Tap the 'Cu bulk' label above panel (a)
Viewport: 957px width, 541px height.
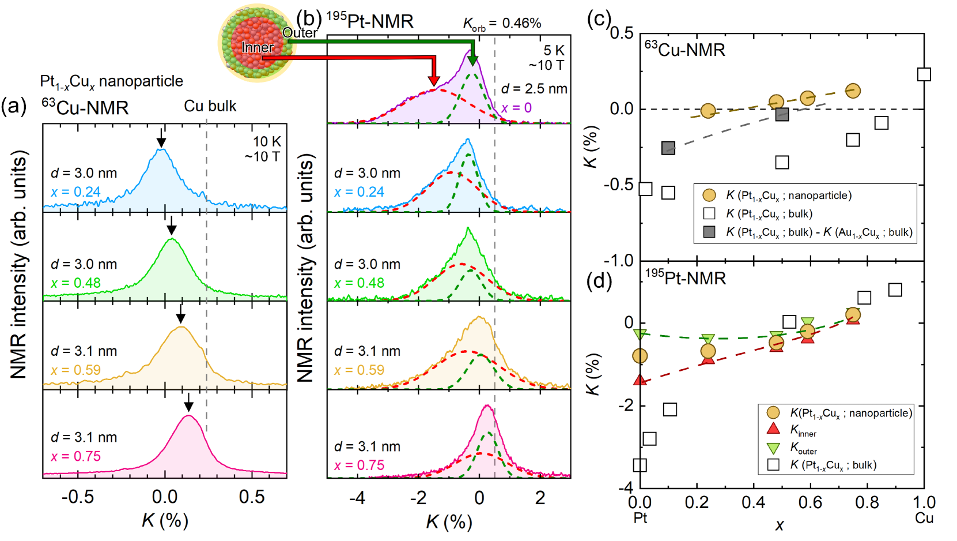tap(210, 106)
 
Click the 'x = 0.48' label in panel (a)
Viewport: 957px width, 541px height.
tap(75, 283)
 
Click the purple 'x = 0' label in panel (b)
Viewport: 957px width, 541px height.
tap(516, 108)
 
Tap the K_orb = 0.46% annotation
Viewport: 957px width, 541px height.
tap(502, 24)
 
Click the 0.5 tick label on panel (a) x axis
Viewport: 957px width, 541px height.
tap(252, 497)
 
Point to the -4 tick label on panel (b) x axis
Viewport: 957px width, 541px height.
tap(357, 497)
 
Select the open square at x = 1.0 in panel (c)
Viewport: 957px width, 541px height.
tap(924, 74)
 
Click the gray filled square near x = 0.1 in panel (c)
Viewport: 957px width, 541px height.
tap(668, 148)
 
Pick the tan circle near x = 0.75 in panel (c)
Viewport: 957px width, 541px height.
tap(853, 91)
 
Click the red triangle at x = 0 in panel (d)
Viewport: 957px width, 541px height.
tap(640, 380)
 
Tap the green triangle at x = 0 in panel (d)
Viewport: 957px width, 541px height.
tap(640, 334)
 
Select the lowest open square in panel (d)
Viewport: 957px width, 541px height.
tap(640, 465)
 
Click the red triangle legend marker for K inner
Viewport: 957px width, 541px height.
tap(773, 429)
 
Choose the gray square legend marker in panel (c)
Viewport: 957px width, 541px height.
tap(709, 232)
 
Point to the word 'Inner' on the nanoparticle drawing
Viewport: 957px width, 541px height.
tap(257, 47)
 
